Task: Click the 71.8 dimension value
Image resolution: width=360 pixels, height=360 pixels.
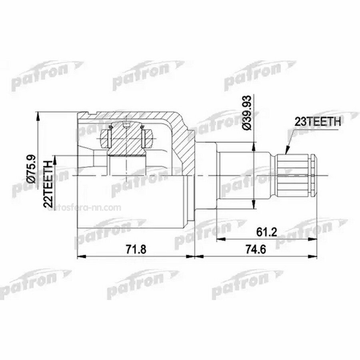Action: tap(136, 249)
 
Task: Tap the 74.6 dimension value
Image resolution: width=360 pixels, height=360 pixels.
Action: tap(256, 249)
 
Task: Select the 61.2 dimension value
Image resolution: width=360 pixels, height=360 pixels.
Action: tap(267, 232)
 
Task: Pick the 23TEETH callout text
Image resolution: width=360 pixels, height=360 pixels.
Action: tap(318, 122)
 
